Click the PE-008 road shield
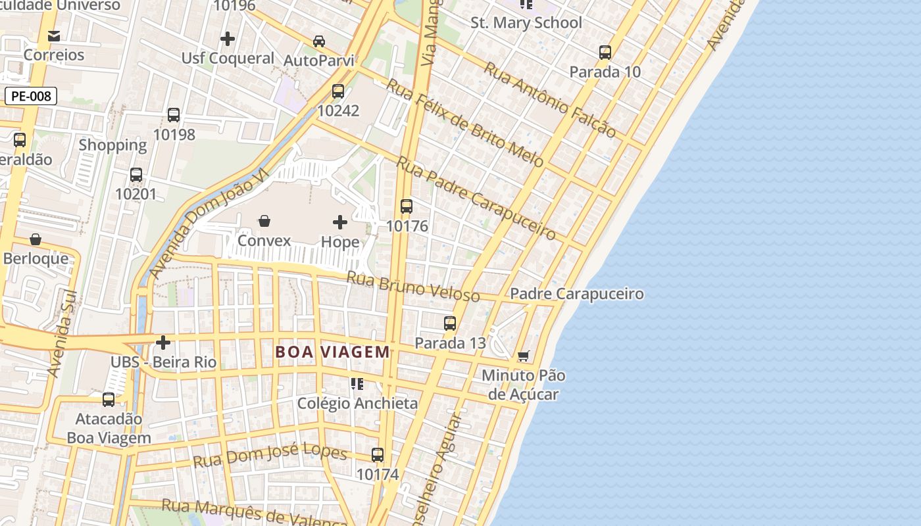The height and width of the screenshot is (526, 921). tap(31, 96)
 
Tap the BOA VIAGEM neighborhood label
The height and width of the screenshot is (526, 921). tap(332, 352)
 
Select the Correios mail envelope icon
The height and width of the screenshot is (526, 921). tap(54, 36)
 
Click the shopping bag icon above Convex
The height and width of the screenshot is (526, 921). tap(264, 221)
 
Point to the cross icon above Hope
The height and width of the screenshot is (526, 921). tap(340, 222)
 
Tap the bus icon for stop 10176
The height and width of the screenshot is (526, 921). tap(407, 206)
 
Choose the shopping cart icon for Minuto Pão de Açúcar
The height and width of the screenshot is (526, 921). tap(524, 356)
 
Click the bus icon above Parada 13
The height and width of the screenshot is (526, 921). tap(450, 323)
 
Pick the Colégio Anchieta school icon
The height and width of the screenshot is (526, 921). tap(357, 383)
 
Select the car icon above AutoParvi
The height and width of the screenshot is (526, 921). tap(319, 41)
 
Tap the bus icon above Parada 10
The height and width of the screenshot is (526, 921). tap(605, 53)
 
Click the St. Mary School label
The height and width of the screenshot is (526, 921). tap(526, 23)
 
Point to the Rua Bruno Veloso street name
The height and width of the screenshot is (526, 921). tap(413, 287)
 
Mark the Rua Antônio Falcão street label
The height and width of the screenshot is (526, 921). tap(550, 100)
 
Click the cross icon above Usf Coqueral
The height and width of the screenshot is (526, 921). tap(228, 39)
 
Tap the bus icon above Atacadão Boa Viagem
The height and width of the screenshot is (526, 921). tap(109, 399)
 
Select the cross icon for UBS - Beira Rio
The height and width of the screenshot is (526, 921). tap(163, 343)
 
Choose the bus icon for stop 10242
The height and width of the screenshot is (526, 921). tap(338, 91)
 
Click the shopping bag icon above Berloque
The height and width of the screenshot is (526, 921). tap(36, 239)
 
